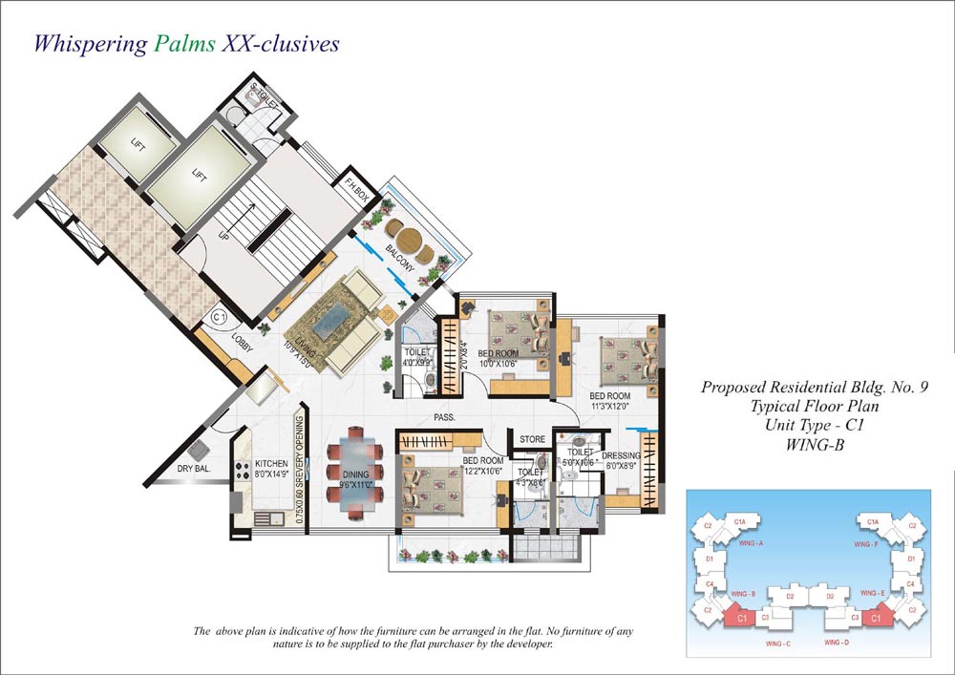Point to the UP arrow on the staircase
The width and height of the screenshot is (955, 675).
(x=224, y=232)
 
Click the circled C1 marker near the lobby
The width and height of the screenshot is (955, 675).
(x=219, y=316)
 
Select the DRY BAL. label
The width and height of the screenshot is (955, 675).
(x=194, y=469)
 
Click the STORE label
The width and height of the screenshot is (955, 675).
(x=532, y=440)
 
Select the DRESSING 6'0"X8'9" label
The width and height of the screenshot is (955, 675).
(x=622, y=461)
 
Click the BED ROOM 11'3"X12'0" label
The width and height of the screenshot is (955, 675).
(x=609, y=402)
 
